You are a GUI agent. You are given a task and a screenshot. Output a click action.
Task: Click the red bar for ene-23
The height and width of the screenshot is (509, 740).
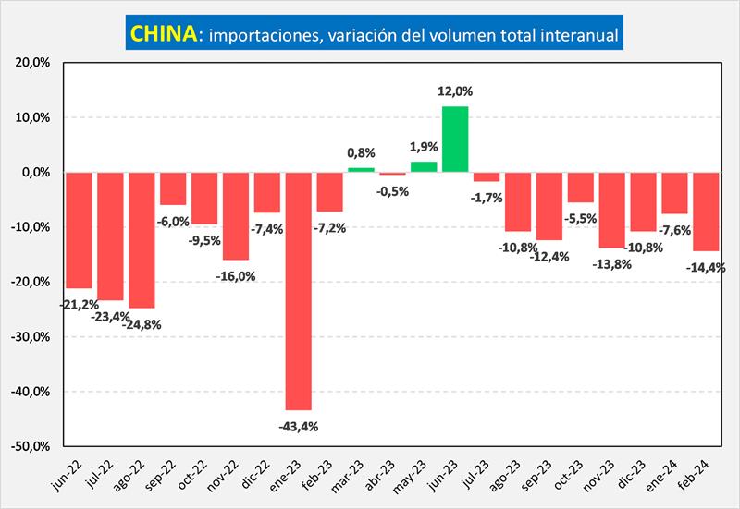[x=298, y=290]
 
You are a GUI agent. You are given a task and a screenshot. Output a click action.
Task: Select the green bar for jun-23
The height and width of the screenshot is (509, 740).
[x=454, y=139]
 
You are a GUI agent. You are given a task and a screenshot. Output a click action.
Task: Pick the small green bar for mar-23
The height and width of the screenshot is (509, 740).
[x=361, y=170]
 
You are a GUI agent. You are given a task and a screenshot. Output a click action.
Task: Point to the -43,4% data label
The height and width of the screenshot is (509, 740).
[x=299, y=425]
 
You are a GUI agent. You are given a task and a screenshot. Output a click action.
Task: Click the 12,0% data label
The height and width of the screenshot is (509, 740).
[x=455, y=91]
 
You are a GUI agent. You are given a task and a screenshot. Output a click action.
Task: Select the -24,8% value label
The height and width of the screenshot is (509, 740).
[x=142, y=323]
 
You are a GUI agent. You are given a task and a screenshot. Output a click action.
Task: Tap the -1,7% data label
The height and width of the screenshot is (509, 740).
[x=487, y=197]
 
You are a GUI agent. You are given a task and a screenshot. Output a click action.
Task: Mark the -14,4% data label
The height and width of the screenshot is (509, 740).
[x=708, y=267]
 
